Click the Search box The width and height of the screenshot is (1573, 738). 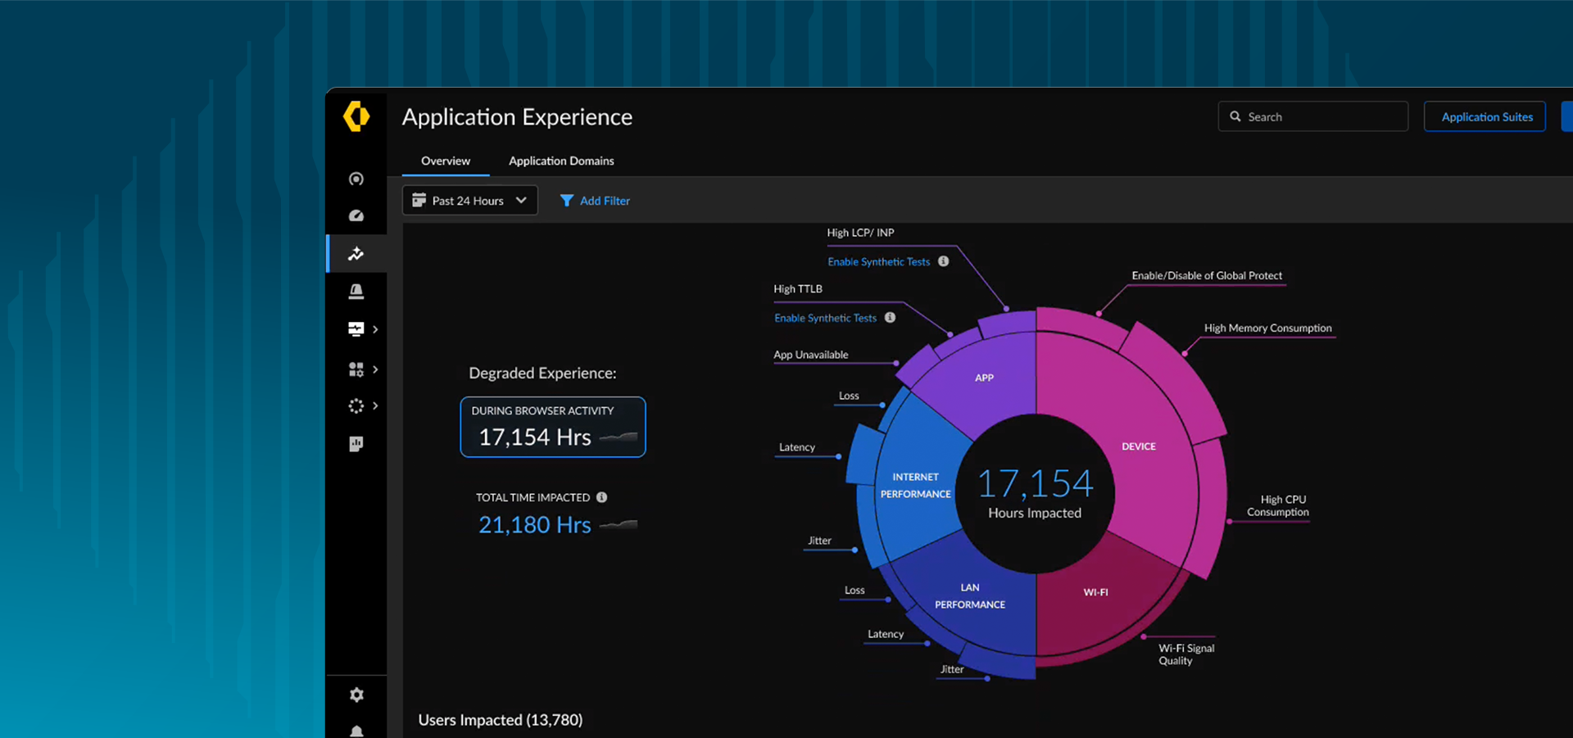coord(1312,116)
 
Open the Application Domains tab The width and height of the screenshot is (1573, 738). coord(561,161)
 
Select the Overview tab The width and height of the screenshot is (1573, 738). coord(446,161)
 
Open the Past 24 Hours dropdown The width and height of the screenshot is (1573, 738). coord(469,201)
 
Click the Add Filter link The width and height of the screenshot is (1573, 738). coord(596,201)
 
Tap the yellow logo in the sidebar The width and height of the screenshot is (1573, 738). coord(356,116)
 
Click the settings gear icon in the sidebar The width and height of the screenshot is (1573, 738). coord(356,695)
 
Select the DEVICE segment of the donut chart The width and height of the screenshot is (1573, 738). coord(1138,446)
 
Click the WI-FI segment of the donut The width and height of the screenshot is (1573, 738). coord(1095,592)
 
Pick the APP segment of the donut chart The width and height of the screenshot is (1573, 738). coord(984,378)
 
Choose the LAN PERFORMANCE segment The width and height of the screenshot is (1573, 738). coord(970,596)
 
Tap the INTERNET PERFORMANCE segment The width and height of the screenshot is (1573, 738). coord(915,486)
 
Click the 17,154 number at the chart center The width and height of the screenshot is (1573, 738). coord(1035,483)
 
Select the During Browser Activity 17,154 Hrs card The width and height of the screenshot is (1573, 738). coord(553,427)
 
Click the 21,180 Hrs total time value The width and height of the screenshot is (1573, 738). coord(534,525)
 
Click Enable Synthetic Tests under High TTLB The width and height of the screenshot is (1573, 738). coord(825,318)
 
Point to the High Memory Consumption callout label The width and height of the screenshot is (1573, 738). coord(1267,328)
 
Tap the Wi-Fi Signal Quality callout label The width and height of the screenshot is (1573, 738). coord(1185,654)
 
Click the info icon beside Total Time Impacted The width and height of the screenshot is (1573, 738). coord(602,497)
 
